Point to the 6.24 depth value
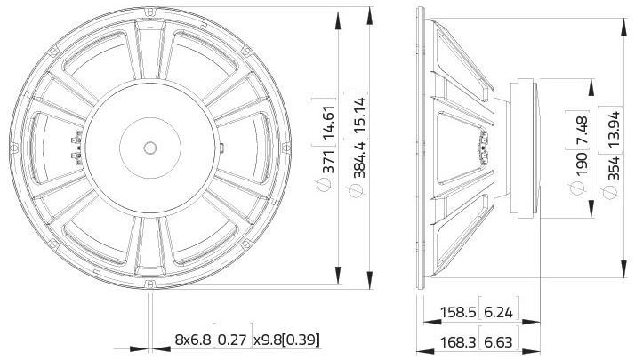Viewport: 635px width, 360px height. click(x=500, y=312)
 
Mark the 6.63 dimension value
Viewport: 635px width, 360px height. click(x=500, y=342)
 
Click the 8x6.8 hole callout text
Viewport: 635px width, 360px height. click(x=192, y=340)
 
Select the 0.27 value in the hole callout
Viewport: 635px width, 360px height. click(x=233, y=340)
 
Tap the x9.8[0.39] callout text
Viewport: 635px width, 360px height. click(x=286, y=340)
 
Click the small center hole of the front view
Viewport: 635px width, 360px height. click(x=150, y=147)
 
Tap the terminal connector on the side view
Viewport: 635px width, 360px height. click(x=485, y=147)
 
